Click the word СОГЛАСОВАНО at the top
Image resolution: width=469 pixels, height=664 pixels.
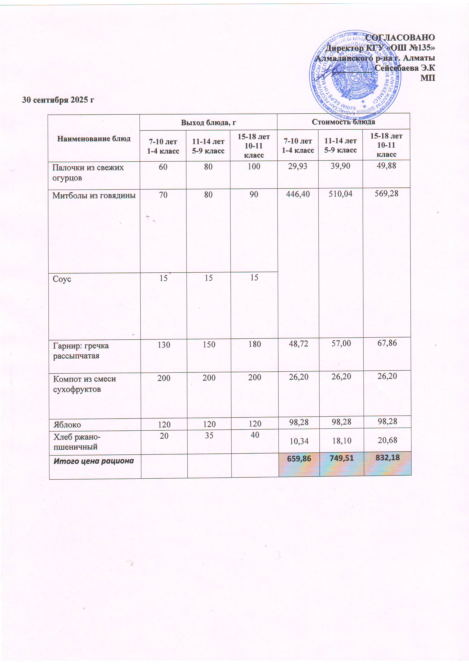pos(400,38)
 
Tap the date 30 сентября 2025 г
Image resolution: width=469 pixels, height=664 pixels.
pos(58,100)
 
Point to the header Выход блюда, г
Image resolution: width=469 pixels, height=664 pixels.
pos(208,123)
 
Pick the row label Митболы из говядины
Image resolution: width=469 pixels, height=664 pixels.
pos(94,196)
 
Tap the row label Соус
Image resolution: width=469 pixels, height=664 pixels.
pos(62,279)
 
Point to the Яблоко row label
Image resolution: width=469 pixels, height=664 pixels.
pos(67,425)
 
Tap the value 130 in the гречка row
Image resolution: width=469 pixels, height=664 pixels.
pos(164,345)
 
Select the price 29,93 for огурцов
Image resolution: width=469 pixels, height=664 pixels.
pos(298,166)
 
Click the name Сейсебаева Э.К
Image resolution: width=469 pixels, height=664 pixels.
pos(405,68)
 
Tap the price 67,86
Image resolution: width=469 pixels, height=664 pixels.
pos(387,343)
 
